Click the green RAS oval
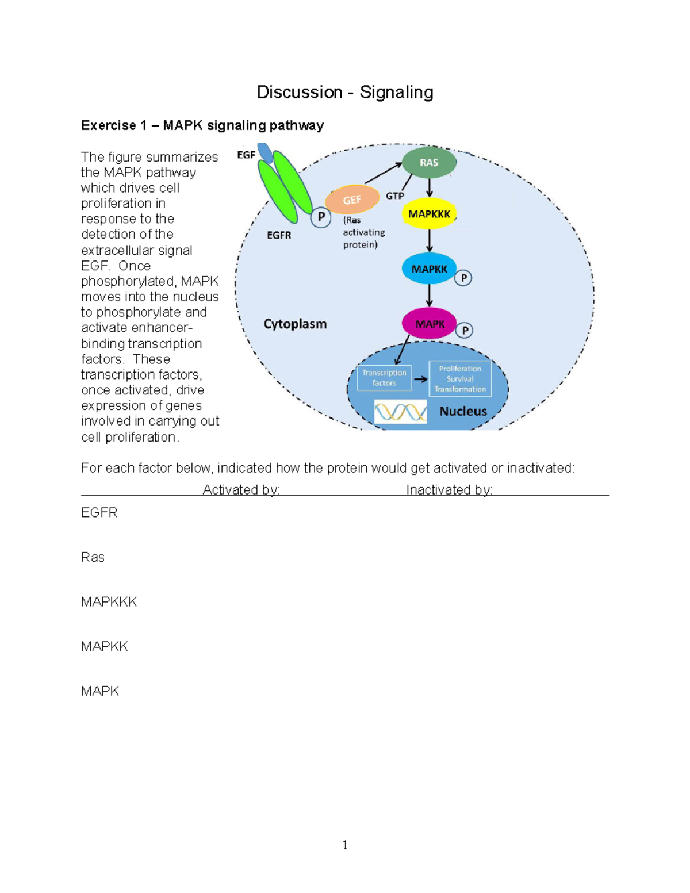[x=429, y=163]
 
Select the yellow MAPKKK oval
[x=429, y=214]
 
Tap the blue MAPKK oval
[x=429, y=269]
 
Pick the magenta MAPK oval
[x=429, y=324]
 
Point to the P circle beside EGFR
[x=321, y=217]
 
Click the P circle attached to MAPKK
[x=463, y=278]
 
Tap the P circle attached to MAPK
[x=465, y=331]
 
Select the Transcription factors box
[x=384, y=378]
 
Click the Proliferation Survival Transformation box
[x=460, y=379]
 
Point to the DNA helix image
[x=400, y=412]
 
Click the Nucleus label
[x=463, y=411]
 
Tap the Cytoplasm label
[x=295, y=324]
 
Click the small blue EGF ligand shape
[x=265, y=153]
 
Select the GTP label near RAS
[x=394, y=196]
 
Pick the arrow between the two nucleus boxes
[x=420, y=379]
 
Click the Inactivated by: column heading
[x=449, y=490]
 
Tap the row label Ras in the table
[x=93, y=557]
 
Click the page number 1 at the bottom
[x=345, y=845]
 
